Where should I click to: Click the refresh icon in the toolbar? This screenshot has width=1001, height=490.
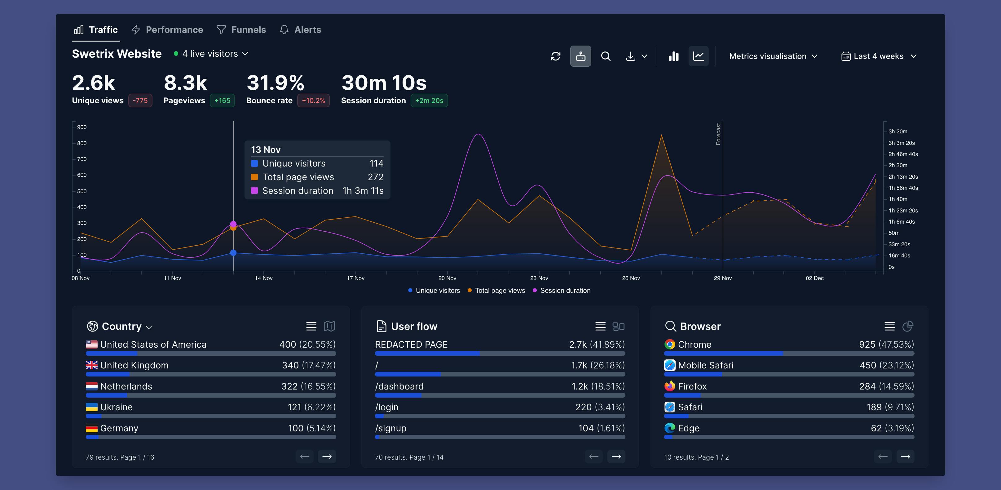tap(556, 56)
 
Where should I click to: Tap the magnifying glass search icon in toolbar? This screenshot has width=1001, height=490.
tap(606, 56)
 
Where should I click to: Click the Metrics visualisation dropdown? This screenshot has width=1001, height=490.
tap(773, 56)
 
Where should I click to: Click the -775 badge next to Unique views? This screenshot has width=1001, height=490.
tap(140, 100)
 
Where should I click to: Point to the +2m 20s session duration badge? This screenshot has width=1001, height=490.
tap(429, 100)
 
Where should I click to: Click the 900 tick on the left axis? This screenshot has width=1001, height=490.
tap(82, 127)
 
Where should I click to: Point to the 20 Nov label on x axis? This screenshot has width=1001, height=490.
tap(447, 278)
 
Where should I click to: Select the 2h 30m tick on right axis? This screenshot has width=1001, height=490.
tap(897, 165)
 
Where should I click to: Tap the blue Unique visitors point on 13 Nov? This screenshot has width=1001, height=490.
tap(233, 253)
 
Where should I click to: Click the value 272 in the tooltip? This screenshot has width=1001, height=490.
tap(375, 177)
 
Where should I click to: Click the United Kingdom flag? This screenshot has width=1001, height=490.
tap(92, 365)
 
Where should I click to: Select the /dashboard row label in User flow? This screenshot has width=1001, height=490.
tap(399, 386)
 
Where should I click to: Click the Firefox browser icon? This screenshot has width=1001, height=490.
tap(669, 386)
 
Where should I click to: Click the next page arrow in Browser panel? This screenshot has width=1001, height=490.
tap(906, 457)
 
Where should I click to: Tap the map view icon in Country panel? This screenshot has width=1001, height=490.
tap(329, 326)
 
